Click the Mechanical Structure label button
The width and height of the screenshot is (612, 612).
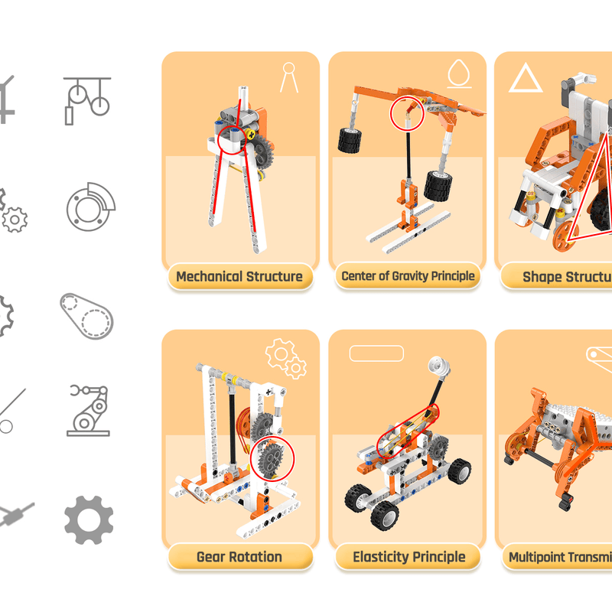pyautogui.click(x=239, y=277)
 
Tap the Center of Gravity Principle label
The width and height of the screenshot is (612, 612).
pyautogui.click(x=408, y=276)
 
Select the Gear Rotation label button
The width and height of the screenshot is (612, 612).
pyautogui.click(x=239, y=556)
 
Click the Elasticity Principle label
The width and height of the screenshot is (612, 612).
pyautogui.click(x=409, y=556)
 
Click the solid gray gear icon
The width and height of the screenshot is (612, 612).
pyautogui.click(x=89, y=520)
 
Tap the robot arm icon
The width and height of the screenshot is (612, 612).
pyautogui.click(x=88, y=410)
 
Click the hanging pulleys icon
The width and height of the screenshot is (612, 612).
pyautogui.click(x=86, y=100)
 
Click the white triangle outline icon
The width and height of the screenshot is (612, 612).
pyautogui.click(x=525, y=79)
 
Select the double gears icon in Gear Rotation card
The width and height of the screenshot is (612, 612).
pyautogui.click(x=285, y=357)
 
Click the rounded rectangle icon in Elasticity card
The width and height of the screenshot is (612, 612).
pyautogui.click(x=376, y=353)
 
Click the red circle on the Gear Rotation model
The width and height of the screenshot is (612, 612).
pyautogui.click(x=272, y=459)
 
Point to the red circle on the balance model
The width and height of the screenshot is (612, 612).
pyautogui.click(x=407, y=113)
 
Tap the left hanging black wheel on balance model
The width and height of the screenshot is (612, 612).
pyautogui.click(x=350, y=140)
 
